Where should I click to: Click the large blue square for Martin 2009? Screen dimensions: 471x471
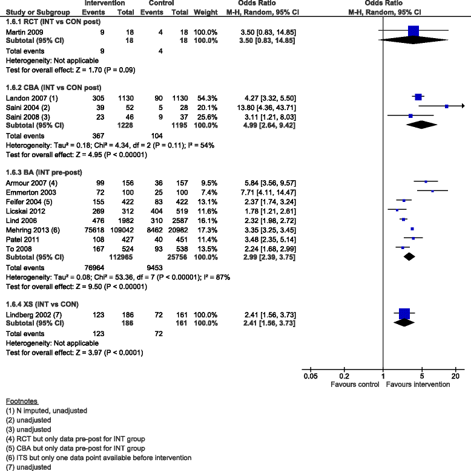coord(413,31)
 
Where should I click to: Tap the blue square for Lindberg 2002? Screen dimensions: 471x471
coord(404,313)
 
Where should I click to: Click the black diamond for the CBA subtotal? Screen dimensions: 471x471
coord(423,124)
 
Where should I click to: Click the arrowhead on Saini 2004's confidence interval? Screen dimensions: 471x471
coord(462,106)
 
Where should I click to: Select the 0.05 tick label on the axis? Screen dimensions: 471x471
coord(310,376)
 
